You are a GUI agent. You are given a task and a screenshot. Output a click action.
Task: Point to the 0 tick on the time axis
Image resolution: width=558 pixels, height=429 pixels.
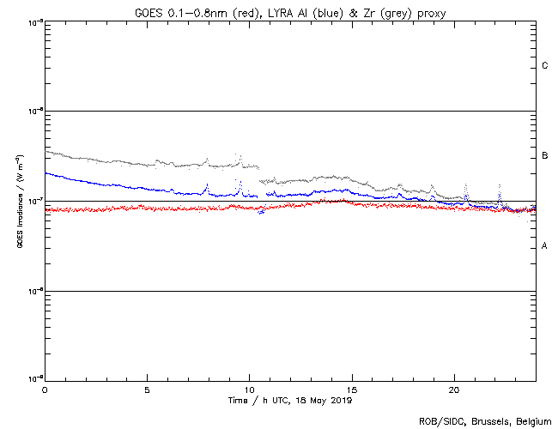coord(45,389)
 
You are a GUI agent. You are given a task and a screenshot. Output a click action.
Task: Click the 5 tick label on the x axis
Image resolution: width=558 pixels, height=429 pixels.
coord(147,389)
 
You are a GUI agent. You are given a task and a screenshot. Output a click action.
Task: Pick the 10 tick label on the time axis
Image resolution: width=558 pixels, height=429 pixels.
coord(249,389)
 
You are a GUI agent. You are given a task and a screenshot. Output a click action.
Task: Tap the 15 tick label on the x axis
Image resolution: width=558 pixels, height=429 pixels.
coord(351,389)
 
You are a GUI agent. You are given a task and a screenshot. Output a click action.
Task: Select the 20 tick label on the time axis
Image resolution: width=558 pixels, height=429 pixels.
coord(453,389)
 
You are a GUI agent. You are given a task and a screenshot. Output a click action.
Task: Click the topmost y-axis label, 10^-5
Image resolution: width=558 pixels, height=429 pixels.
coord(33,21)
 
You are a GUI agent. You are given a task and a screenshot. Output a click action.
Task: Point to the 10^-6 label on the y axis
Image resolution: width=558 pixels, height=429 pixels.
coord(33,111)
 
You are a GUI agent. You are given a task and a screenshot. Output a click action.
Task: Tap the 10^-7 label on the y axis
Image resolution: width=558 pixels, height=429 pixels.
coord(33,201)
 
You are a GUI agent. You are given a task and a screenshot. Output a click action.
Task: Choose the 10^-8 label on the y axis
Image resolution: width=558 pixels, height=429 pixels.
coord(33,291)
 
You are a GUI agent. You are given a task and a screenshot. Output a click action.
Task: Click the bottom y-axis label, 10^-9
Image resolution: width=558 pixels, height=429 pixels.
coord(33,378)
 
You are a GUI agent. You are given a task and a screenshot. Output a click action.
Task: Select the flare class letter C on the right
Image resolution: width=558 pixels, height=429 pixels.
coord(545,66)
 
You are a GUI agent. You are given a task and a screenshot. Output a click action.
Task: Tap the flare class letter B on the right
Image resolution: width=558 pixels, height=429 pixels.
coord(545,156)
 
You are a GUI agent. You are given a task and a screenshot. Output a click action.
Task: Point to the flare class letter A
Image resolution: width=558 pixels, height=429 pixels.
coord(545,246)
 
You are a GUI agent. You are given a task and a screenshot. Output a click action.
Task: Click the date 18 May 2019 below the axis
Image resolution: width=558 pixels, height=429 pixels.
coord(324,400)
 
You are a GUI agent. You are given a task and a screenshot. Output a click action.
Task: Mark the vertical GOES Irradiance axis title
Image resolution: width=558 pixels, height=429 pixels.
coord(19,202)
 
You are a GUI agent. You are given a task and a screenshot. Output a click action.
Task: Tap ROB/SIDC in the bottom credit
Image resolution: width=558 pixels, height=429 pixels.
coord(439,421)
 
